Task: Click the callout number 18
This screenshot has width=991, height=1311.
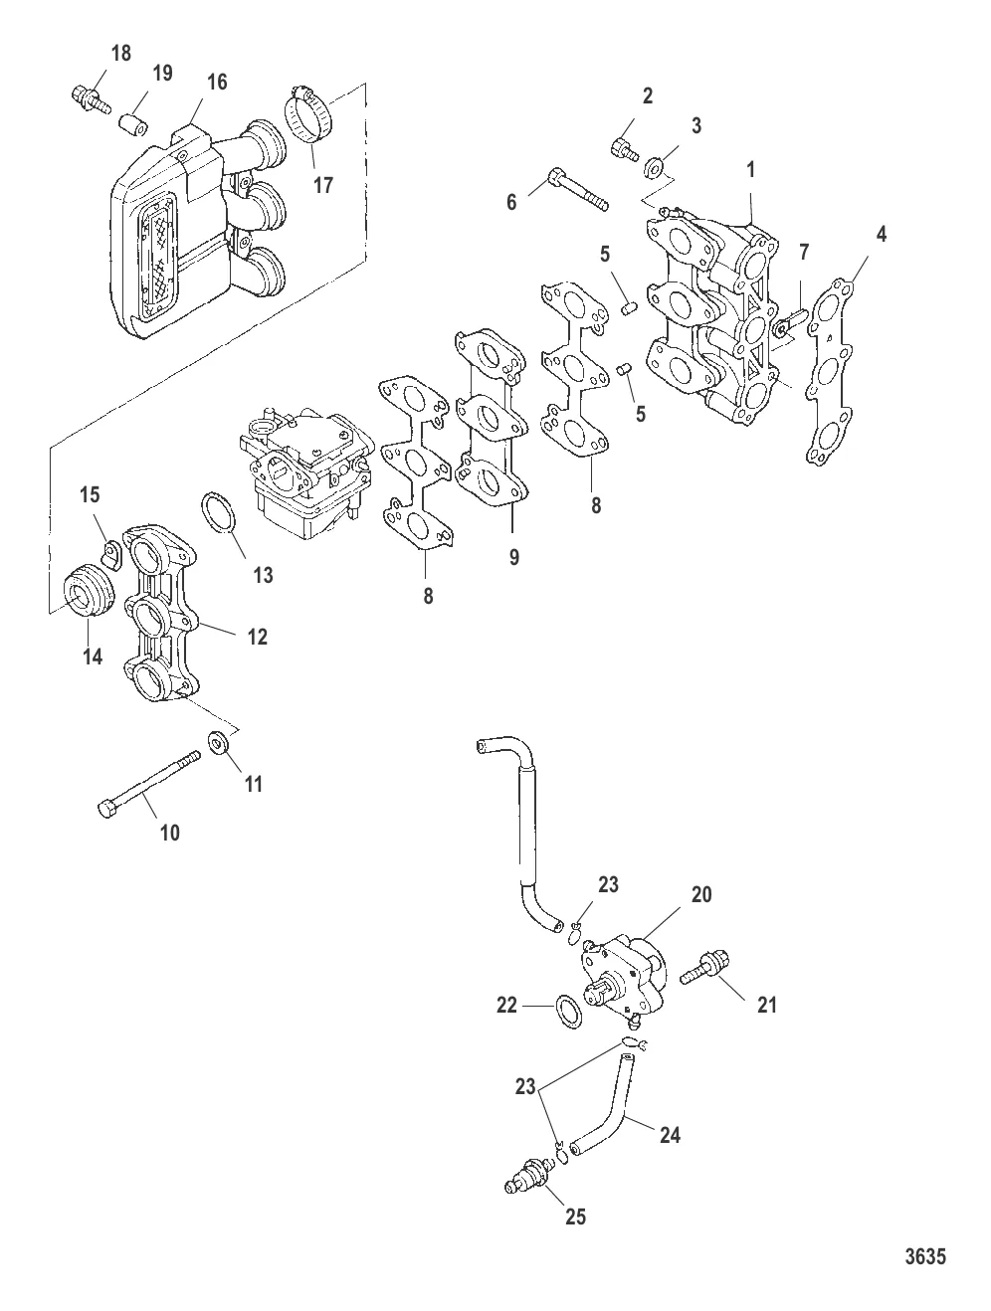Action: pos(120,53)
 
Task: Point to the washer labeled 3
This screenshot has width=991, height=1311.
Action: pos(653,167)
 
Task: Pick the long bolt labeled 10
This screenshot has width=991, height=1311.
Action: pos(148,784)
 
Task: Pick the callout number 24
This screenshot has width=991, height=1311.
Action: pos(671,1135)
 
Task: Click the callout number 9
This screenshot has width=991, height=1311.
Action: pos(514,557)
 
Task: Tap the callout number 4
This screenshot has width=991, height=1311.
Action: pos(882,234)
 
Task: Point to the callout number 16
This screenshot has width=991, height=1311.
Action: pos(217,82)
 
